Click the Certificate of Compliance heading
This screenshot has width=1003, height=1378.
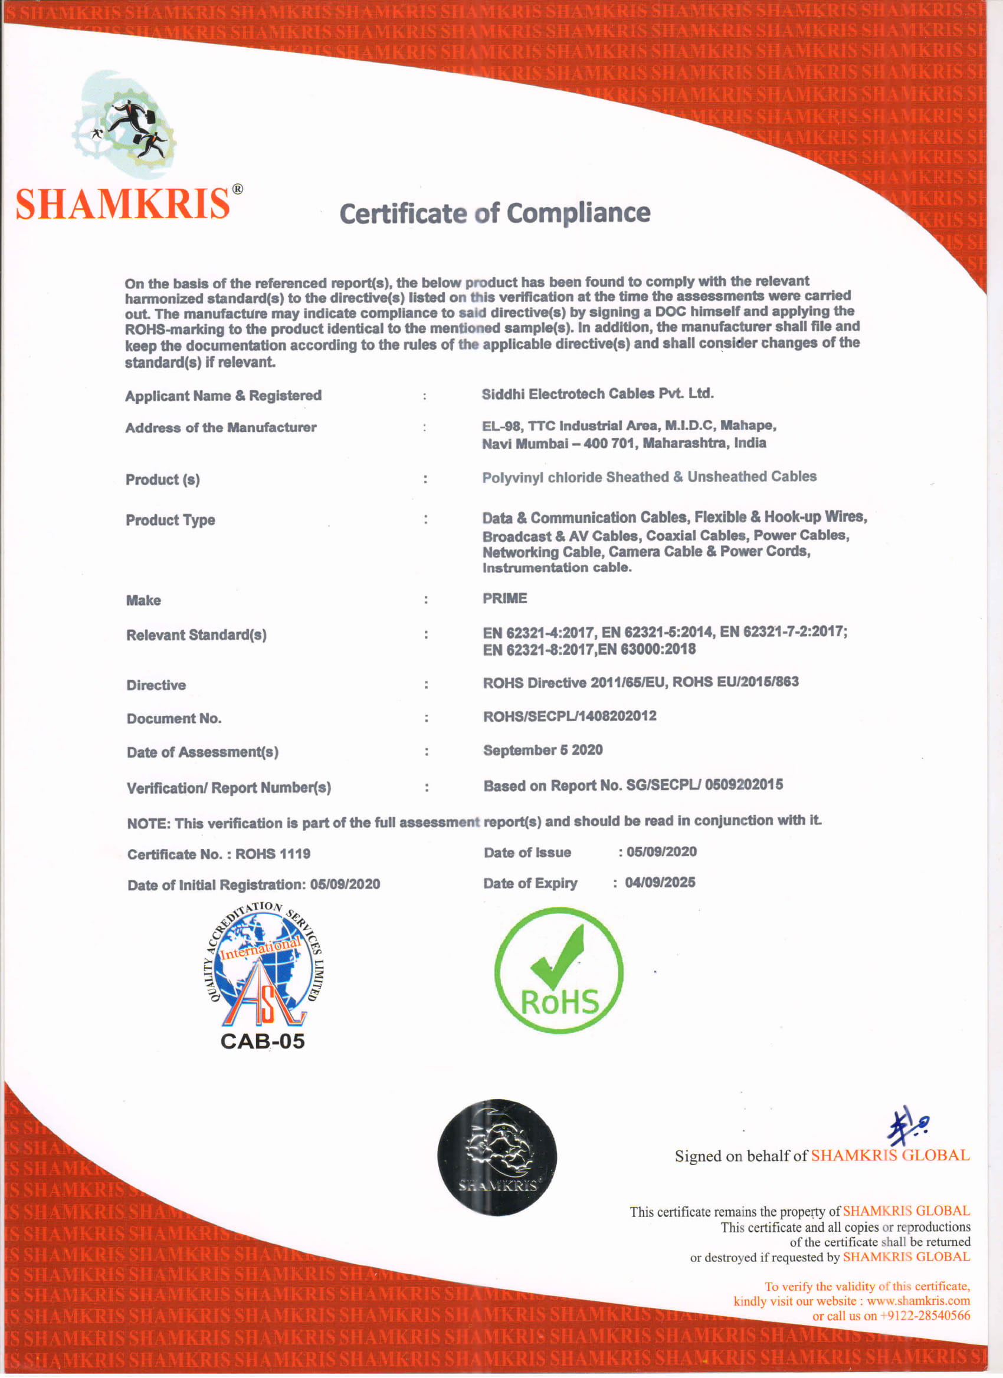point(494,213)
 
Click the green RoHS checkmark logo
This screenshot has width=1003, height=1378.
point(559,971)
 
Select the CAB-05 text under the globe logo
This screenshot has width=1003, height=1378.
point(262,1041)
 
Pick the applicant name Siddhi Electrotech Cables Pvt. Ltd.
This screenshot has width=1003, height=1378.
point(598,394)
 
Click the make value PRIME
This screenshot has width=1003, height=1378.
point(504,598)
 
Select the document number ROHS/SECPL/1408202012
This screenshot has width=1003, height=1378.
point(569,716)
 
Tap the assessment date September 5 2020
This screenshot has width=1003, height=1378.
point(543,751)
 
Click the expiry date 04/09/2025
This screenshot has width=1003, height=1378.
point(660,882)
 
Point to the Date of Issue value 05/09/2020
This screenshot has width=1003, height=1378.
point(661,851)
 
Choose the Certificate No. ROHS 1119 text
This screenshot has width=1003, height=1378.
point(219,854)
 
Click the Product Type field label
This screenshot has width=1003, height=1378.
point(170,520)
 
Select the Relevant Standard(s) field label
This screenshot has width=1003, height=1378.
point(196,635)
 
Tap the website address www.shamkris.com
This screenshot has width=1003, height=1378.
point(918,1301)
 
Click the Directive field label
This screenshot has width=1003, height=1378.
point(156,685)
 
